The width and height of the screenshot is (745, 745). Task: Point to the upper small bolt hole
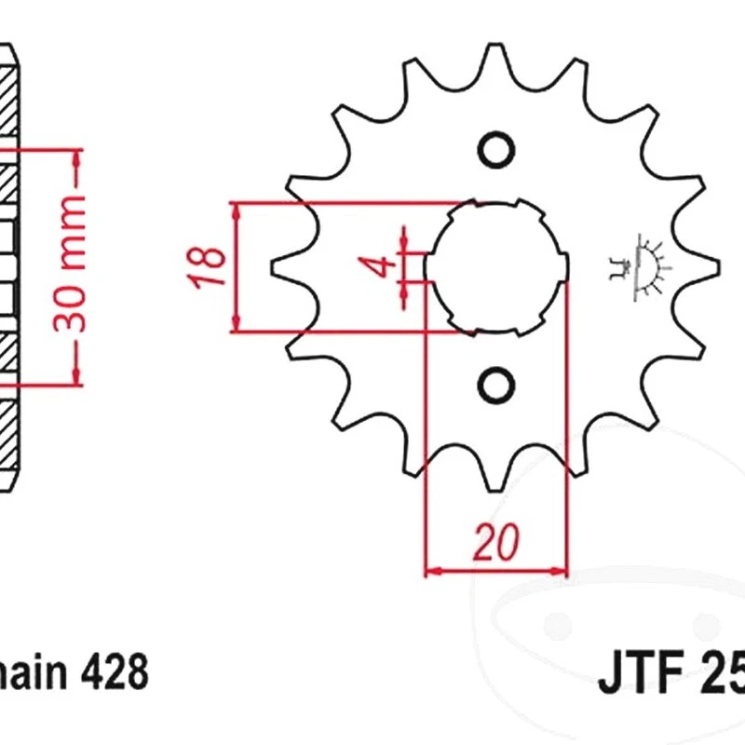495,149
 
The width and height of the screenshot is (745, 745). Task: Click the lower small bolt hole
495,383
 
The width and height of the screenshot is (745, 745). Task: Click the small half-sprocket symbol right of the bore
642,267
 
